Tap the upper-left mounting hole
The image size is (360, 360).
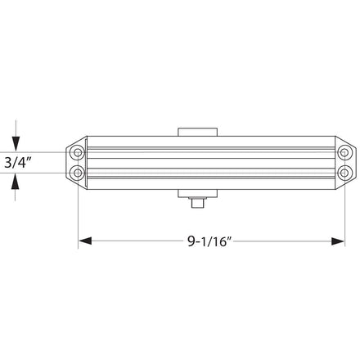pos(78,152)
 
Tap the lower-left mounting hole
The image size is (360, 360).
pos(78,173)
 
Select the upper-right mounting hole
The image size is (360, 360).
pos(344,152)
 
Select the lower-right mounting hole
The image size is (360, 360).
pos(344,173)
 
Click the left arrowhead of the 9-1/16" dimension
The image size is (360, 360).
pos(85,241)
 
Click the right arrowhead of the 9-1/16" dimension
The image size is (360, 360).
pos(338,241)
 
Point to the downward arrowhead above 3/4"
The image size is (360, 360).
pos(16,143)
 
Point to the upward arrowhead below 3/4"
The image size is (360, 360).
pos(16,182)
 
